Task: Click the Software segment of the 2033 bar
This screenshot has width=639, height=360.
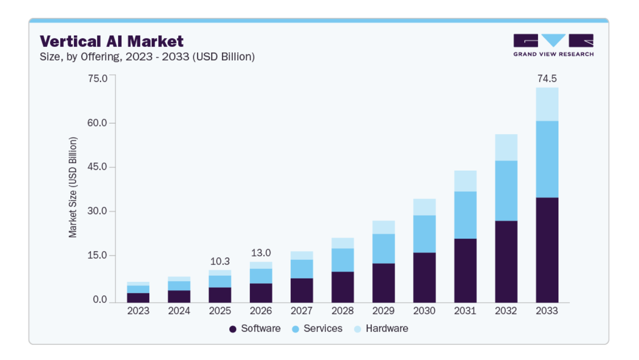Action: pyautogui.click(x=547, y=250)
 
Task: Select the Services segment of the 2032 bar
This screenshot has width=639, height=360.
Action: pyautogui.click(x=506, y=191)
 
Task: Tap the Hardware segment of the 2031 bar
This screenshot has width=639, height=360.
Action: pyautogui.click(x=465, y=181)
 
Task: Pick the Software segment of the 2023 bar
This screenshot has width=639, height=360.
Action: pyautogui.click(x=138, y=298)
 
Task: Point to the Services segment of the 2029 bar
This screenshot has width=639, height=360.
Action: pyautogui.click(x=383, y=249)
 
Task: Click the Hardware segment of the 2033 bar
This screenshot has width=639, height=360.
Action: pyautogui.click(x=547, y=104)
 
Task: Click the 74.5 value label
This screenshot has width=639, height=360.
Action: pyautogui.click(x=547, y=78)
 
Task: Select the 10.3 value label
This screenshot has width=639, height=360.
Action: pyautogui.click(x=220, y=261)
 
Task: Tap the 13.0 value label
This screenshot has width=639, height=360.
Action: pyautogui.click(x=261, y=253)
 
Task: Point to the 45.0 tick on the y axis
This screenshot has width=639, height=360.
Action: pyautogui.click(x=97, y=167)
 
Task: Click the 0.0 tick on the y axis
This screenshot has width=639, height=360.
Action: pyautogui.click(x=100, y=299)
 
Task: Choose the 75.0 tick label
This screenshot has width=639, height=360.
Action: pyautogui.click(x=98, y=78)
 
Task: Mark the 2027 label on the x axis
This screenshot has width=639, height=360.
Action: pyautogui.click(x=302, y=311)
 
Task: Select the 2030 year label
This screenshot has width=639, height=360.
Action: pyautogui.click(x=424, y=311)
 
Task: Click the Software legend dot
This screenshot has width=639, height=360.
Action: pyautogui.click(x=233, y=329)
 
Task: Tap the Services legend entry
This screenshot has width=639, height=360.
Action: pyautogui.click(x=317, y=329)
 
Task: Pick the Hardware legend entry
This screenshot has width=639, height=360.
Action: pyautogui.click(x=381, y=329)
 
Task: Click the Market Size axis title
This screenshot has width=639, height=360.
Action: pyautogui.click(x=73, y=187)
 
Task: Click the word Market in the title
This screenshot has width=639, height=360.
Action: pyautogui.click(x=155, y=42)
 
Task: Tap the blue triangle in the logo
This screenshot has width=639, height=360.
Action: pyautogui.click(x=553, y=40)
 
